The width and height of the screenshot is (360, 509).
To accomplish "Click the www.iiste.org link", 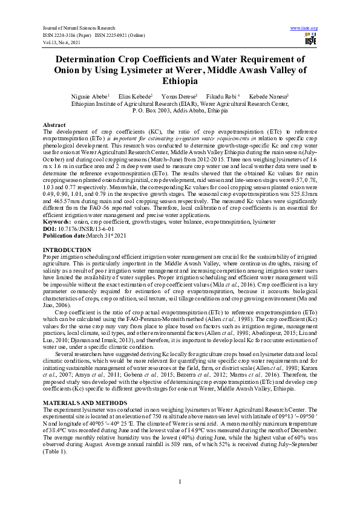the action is (x=304, y=28).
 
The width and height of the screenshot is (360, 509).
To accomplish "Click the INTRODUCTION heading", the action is (x=68, y=267).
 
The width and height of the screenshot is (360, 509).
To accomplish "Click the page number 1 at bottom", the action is (x=180, y=481).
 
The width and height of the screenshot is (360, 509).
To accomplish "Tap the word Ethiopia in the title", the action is (x=180, y=82).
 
